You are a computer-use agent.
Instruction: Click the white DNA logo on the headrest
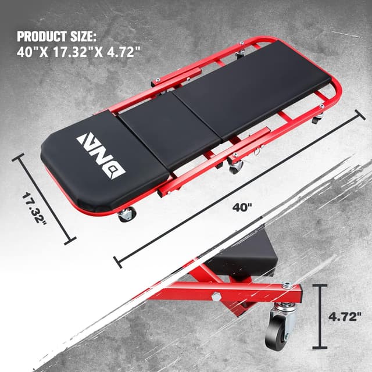101,153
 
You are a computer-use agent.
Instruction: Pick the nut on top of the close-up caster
286,285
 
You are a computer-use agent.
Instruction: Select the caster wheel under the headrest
126,215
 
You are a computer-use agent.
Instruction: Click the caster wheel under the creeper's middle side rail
236,167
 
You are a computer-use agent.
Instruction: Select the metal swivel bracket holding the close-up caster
285,308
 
